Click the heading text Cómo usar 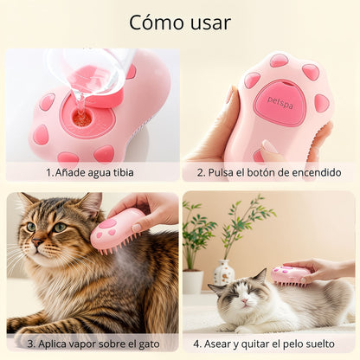click(x=179, y=22)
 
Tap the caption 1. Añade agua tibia click(x=91, y=171)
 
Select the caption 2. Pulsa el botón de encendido click(x=268, y=171)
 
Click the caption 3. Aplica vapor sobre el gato click(x=91, y=343)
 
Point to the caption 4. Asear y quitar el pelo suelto click(x=268, y=343)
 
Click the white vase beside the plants click(x=224, y=275)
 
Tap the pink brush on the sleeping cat click(x=291, y=274)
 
